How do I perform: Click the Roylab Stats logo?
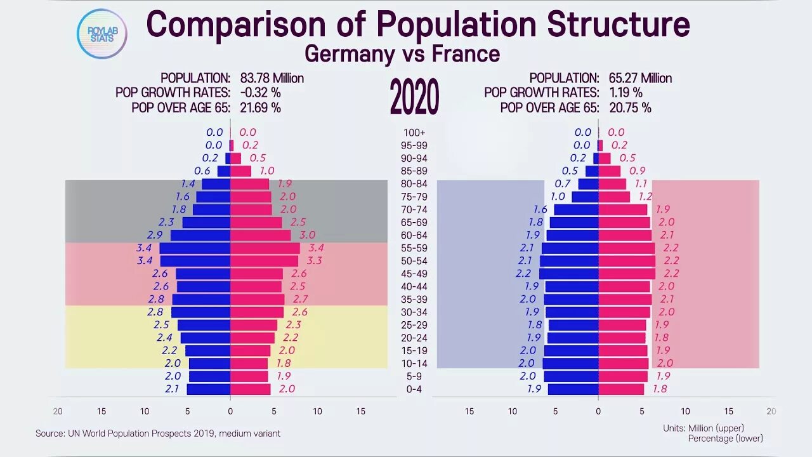(101, 34)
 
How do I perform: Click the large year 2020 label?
(414, 98)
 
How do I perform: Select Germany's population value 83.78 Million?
(272, 78)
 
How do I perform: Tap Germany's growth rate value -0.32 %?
(260, 93)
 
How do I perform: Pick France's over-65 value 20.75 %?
(630, 107)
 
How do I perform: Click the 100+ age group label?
(414, 133)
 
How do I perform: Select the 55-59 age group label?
(414, 248)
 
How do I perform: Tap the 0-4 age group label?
(414, 389)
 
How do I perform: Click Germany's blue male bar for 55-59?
(195, 248)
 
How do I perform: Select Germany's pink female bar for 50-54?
(264, 261)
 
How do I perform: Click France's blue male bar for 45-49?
(568, 274)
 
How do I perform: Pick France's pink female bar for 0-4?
(621, 389)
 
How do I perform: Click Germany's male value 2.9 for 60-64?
(155, 235)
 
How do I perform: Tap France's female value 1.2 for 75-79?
(645, 197)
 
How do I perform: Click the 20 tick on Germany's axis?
(58, 411)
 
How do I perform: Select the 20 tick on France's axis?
(771, 411)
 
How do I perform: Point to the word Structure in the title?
(619, 25)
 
